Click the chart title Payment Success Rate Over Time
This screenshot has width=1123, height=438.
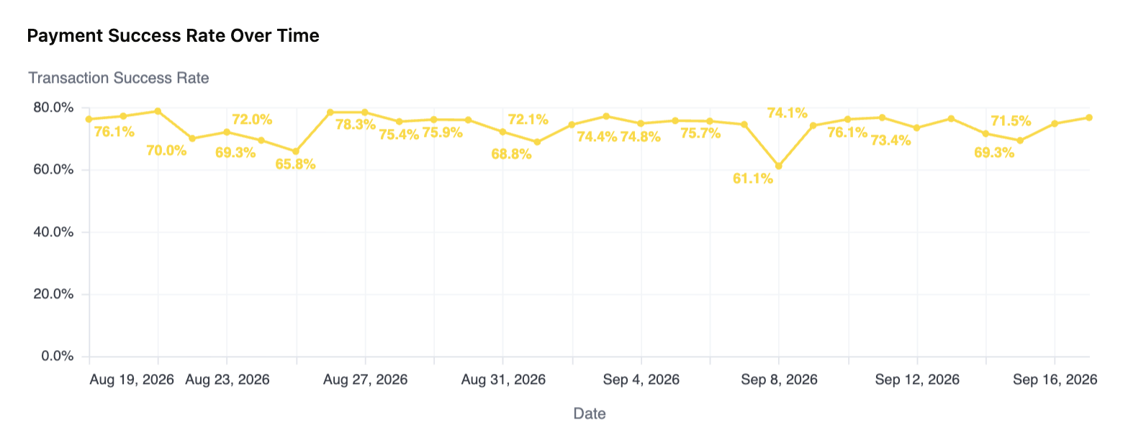pos(173,35)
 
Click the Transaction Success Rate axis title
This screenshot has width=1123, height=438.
pos(118,78)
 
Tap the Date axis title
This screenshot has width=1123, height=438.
pos(590,414)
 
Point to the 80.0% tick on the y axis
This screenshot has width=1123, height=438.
pos(54,107)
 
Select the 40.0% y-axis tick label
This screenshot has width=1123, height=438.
pos(54,232)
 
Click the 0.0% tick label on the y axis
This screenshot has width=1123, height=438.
pos(58,356)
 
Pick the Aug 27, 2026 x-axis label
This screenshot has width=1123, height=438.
pos(366,380)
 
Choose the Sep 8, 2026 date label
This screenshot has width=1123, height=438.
pos(779,380)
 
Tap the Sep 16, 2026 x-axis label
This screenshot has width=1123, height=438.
pos(1055,380)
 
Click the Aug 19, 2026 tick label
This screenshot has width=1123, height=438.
pos(132,380)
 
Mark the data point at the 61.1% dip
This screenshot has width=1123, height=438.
pos(779,166)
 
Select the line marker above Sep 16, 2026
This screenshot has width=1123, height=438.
pos(1055,123)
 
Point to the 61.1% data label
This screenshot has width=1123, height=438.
pos(753,179)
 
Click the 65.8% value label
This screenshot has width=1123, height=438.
pos(295,164)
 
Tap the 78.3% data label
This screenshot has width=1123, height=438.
pos(356,125)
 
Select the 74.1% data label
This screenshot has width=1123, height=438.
pos(788,113)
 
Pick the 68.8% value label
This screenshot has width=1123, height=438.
pos(511,154)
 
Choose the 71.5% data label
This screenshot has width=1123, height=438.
pos(1011,121)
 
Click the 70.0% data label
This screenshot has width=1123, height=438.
pos(166,151)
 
